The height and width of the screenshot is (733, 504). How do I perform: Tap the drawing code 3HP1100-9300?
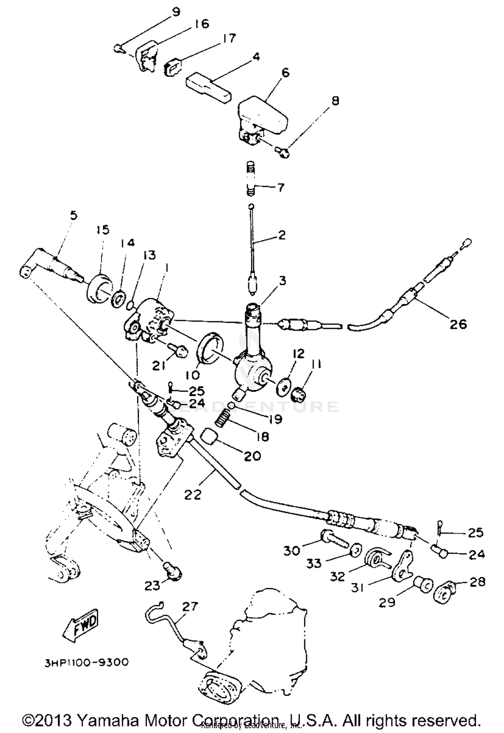(x=86, y=662)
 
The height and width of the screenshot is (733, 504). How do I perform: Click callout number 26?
(x=458, y=324)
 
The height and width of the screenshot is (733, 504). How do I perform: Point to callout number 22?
(x=193, y=494)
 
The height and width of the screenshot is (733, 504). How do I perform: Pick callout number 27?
(x=190, y=606)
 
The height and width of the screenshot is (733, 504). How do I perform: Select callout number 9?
(x=176, y=12)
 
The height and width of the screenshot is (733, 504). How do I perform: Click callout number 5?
(x=74, y=215)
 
